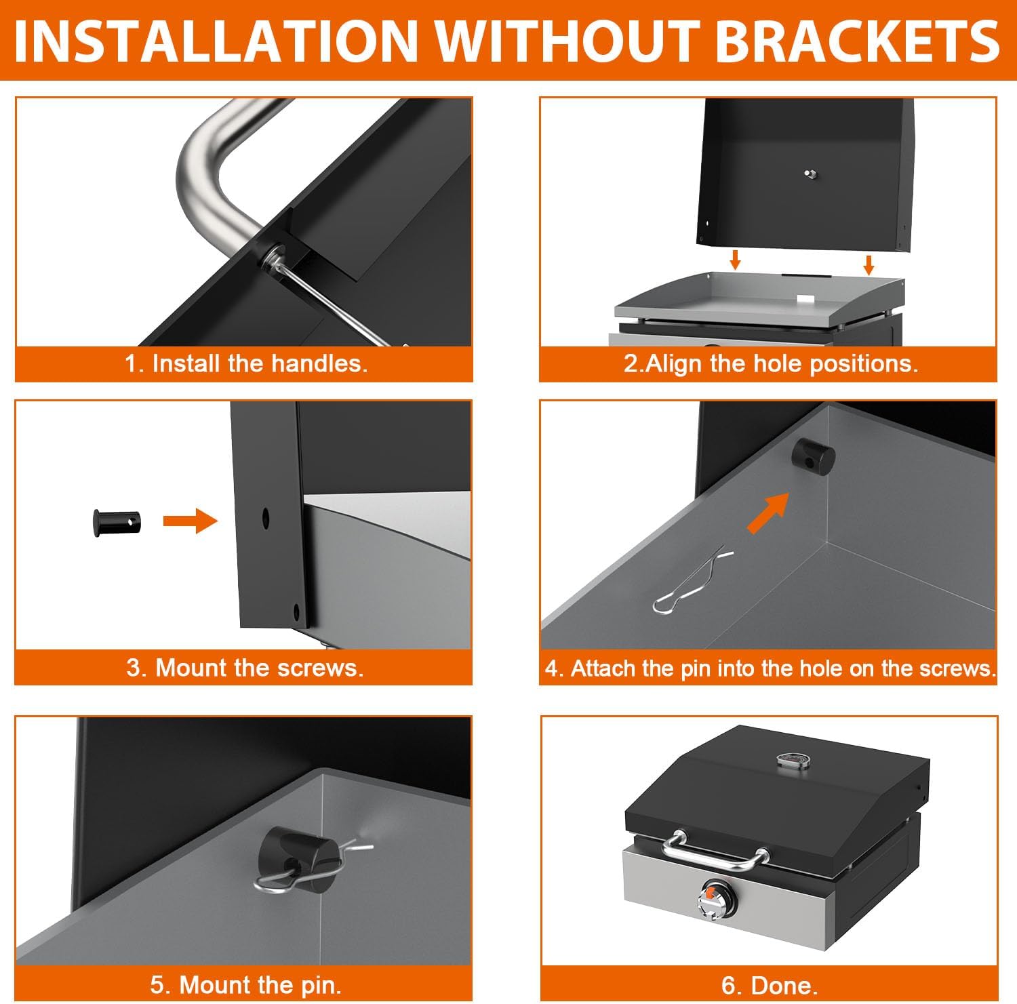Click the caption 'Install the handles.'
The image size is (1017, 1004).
[x=259, y=364]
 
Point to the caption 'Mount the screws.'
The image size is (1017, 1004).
[x=260, y=668]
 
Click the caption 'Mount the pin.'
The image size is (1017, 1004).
[x=260, y=984]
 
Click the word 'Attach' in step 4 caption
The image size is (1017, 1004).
[x=603, y=668]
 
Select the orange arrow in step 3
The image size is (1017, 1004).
[x=191, y=521]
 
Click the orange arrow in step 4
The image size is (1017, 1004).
[x=769, y=513]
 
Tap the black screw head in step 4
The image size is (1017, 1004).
[x=815, y=457]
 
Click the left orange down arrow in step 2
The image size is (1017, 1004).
[x=735, y=260]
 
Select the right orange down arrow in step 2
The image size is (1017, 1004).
[x=869, y=265]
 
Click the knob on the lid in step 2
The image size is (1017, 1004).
[x=810, y=174]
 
